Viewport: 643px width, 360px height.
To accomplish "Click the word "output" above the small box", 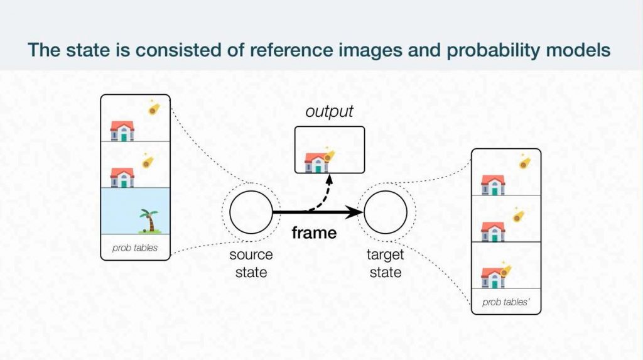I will [329, 112].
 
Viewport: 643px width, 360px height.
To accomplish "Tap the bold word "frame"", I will [314, 233].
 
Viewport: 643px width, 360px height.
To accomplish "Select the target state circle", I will [385, 213].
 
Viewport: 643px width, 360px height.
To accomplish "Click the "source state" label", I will [251, 263].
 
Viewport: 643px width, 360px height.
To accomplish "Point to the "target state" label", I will [385, 263].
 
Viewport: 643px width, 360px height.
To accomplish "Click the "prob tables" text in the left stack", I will [135, 248].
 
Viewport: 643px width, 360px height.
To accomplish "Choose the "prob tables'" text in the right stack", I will [506, 302].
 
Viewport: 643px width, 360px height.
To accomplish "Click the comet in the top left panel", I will [153, 109].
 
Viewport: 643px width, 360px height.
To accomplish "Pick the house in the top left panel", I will [122, 130].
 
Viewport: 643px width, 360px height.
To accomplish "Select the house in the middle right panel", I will [493, 231].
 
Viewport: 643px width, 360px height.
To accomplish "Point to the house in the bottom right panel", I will [493, 277].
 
